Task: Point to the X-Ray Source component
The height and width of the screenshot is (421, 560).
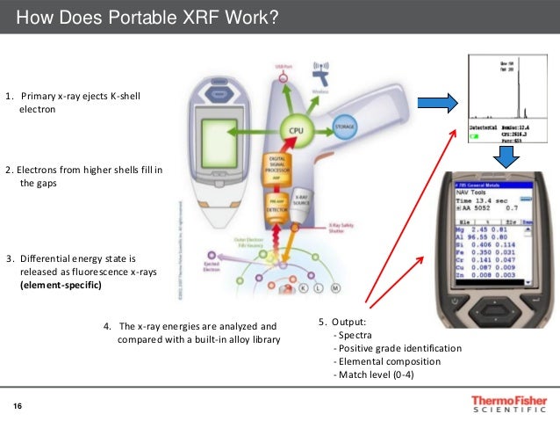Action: point(301,200)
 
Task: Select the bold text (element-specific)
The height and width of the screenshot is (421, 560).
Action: point(61,285)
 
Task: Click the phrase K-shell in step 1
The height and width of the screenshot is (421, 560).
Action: point(122,96)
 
